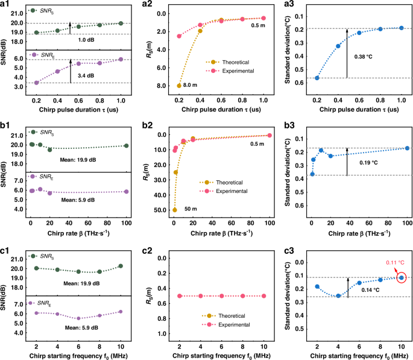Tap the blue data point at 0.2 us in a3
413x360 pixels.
pyautogui.click(x=317, y=78)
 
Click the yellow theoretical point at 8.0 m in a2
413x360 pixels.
pyautogui.click(x=179, y=86)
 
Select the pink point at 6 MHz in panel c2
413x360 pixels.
pyautogui.click(x=222, y=296)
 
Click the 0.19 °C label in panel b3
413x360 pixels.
pyautogui.click(x=365, y=163)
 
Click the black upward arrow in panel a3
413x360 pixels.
pyautogui.click(x=347, y=53)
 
